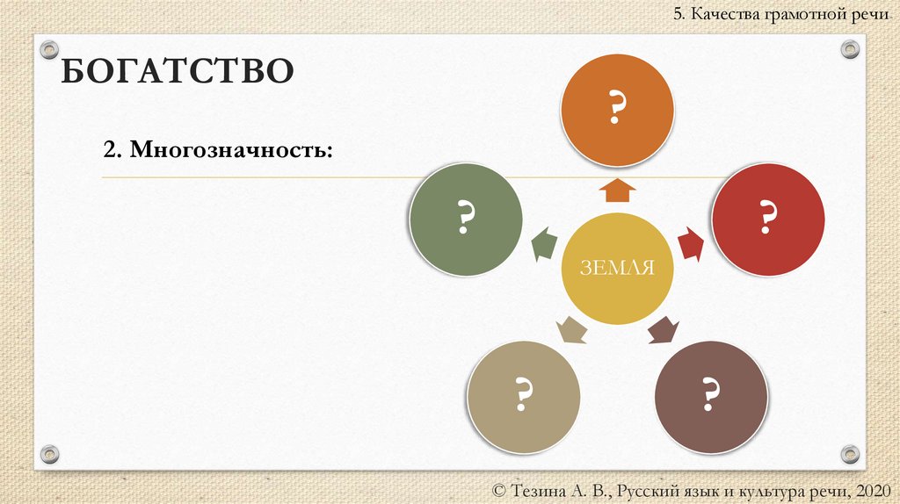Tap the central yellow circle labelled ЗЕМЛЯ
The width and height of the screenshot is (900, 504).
click(x=617, y=269)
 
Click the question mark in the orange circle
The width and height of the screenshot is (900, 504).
click(x=618, y=109)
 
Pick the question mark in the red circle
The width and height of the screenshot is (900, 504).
click(x=768, y=216)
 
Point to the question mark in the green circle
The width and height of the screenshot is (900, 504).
click(x=467, y=217)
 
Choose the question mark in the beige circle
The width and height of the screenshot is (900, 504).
click(x=524, y=396)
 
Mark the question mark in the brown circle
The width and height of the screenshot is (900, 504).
click(x=711, y=396)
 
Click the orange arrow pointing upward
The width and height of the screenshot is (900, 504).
click(x=619, y=190)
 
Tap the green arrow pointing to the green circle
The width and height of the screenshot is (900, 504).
click(x=543, y=243)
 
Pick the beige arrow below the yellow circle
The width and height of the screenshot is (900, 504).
click(x=571, y=330)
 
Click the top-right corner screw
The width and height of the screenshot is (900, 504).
click(x=849, y=49)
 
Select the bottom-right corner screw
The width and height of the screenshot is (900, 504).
click(x=849, y=453)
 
